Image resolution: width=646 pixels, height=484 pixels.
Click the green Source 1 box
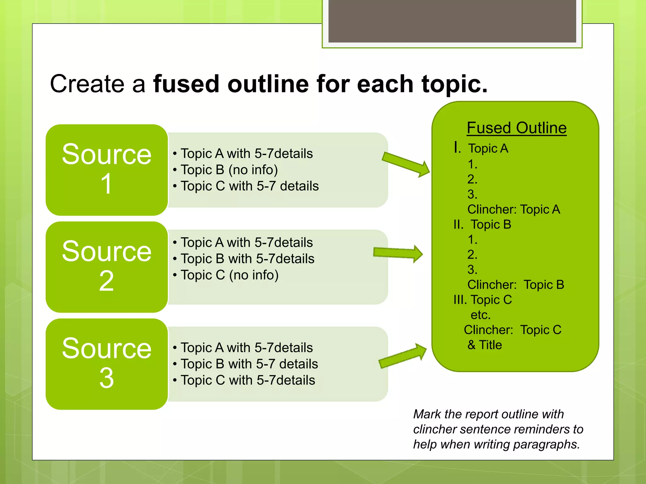click(x=107, y=170)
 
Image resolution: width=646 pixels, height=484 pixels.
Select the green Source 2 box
click(x=107, y=267)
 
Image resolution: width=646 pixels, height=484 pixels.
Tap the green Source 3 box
click(x=107, y=364)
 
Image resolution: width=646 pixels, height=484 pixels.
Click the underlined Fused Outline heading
click(x=516, y=128)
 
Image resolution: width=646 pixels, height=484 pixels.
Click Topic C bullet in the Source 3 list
click(x=248, y=380)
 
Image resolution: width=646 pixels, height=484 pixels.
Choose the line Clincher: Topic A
click(x=514, y=210)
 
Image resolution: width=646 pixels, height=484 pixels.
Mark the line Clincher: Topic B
click(x=515, y=285)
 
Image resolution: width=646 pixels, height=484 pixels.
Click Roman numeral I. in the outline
click(x=457, y=147)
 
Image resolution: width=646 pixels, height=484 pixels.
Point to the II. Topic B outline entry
click(x=482, y=225)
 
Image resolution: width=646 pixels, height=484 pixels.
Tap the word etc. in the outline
click(x=480, y=315)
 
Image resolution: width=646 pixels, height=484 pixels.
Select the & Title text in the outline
click(x=484, y=345)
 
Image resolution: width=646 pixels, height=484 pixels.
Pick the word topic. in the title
click(x=455, y=84)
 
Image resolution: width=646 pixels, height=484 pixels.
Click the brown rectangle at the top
click(x=452, y=21)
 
